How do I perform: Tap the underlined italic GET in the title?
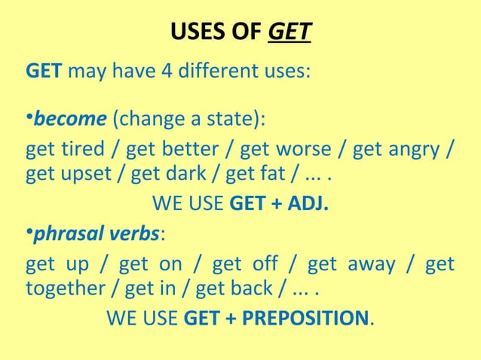pyautogui.click(x=290, y=33)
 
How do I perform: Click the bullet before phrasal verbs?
pyautogui.click(x=29, y=235)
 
